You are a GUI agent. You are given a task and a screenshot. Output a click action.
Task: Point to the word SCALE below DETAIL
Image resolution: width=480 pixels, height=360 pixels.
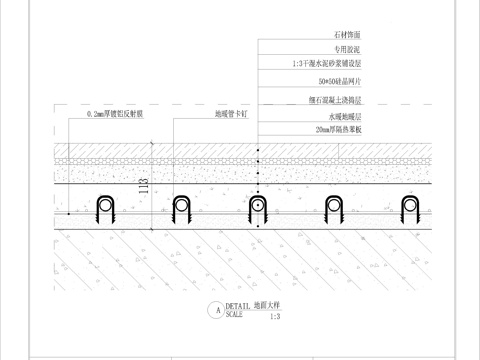point(234,314)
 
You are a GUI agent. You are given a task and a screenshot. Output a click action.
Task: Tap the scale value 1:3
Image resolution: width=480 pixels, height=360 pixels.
point(275,315)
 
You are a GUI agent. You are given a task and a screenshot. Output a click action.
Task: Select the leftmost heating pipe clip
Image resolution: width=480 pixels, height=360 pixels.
point(105,209)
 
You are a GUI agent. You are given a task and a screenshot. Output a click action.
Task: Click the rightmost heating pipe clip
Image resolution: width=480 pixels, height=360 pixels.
point(411,209)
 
